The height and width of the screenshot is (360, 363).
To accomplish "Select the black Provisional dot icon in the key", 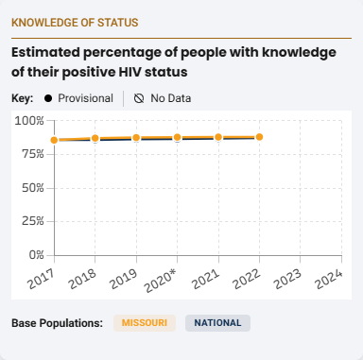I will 46,98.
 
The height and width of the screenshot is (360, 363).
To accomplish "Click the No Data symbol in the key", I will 139,98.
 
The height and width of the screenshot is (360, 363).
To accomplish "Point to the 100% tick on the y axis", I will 27,121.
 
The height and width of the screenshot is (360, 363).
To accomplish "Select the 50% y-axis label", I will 30,188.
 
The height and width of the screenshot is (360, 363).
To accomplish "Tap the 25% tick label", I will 30,221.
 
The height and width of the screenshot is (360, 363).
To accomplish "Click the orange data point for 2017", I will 55,140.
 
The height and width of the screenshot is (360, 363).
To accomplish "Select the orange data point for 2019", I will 136,138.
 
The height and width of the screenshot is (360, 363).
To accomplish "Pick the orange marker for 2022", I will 259,137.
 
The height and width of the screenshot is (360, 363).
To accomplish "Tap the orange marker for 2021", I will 218,137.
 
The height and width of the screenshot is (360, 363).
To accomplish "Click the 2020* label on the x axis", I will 162,278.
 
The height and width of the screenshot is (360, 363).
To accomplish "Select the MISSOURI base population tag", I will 145,323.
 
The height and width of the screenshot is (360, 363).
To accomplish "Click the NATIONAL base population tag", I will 217,323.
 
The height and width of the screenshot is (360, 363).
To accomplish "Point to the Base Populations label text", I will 57,323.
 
